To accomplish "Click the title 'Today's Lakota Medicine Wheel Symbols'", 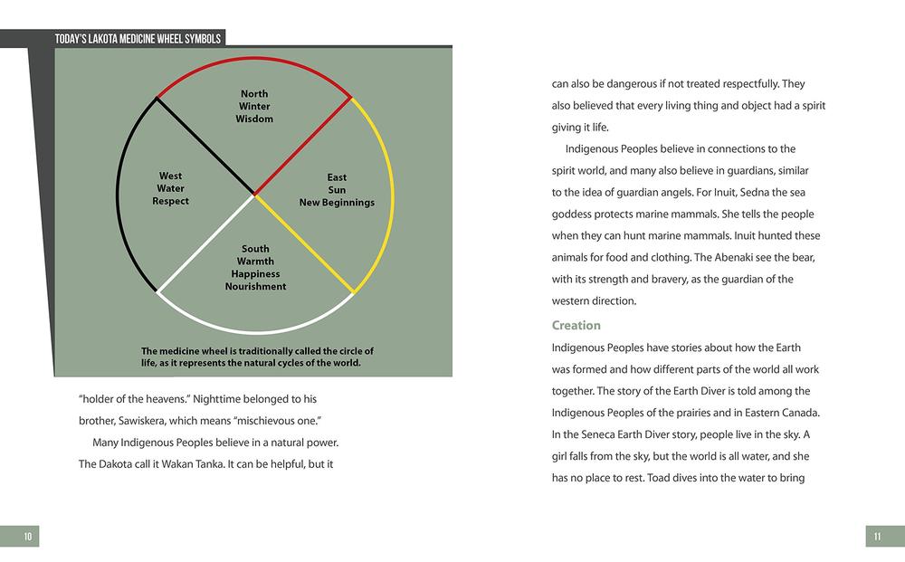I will pyautogui.click(x=138, y=38).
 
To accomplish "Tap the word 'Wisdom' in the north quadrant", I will pyautogui.click(x=254, y=119).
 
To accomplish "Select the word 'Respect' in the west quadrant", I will pyautogui.click(x=170, y=201).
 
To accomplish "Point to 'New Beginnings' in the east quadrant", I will pyautogui.click(x=337, y=203).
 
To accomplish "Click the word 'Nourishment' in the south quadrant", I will pyautogui.click(x=255, y=287).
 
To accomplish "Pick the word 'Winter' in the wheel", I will pyautogui.click(x=254, y=107).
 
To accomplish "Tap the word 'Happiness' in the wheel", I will pyautogui.click(x=255, y=274).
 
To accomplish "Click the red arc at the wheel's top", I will pyautogui.click(x=253, y=58).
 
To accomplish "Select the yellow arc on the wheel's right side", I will pyautogui.click(x=390, y=195).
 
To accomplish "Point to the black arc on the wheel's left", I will pyautogui.click(x=118, y=195).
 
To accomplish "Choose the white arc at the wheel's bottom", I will pyautogui.click(x=253, y=332).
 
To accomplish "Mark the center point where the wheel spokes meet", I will pyautogui.click(x=254, y=195).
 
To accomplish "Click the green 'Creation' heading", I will pyautogui.click(x=576, y=325).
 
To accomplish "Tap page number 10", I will pyautogui.click(x=28, y=537).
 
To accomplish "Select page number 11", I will pyautogui.click(x=877, y=537).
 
